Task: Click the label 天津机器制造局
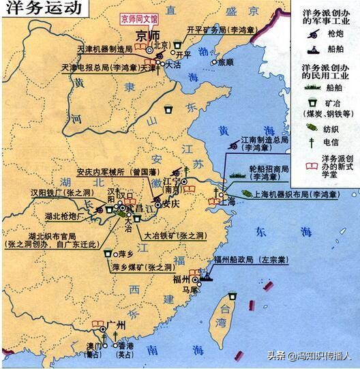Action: point(100,50)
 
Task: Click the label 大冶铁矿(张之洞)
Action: point(172,234)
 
